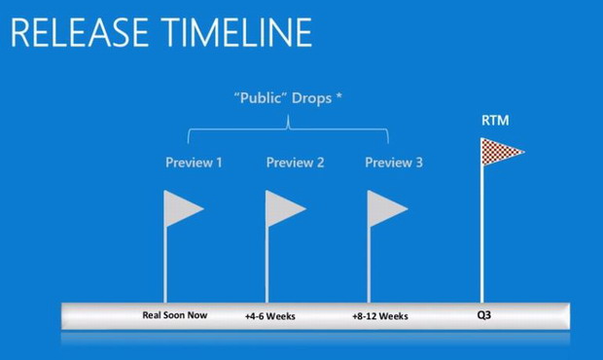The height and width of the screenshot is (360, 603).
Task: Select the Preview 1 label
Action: [194, 162]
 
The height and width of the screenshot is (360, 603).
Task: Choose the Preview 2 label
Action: [295, 162]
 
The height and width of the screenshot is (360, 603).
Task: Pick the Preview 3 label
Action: [394, 162]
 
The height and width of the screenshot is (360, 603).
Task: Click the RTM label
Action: [494, 121]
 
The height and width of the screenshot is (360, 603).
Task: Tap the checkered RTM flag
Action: [500, 151]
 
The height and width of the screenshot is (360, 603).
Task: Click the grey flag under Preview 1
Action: [181, 208]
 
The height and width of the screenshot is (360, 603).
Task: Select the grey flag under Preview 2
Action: [283, 208]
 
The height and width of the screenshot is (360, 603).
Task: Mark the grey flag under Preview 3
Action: [385, 208]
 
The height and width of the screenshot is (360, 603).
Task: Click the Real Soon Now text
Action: [175, 315]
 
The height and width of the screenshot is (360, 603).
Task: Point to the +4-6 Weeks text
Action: [270, 316]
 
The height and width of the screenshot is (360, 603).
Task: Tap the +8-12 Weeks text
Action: [380, 316]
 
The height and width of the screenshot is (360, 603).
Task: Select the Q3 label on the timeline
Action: [483, 315]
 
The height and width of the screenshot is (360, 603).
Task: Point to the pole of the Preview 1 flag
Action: [164, 263]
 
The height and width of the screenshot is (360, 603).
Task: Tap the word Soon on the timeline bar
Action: [175, 315]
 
